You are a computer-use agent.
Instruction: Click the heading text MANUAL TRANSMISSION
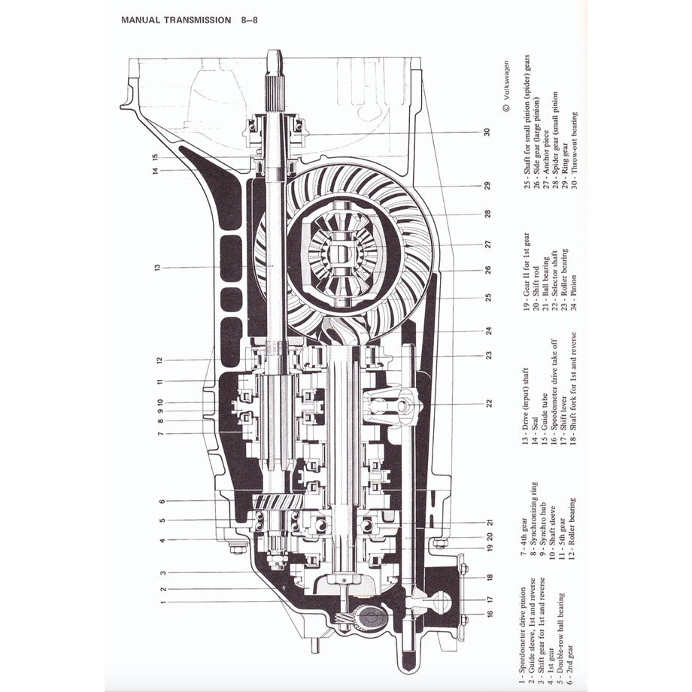[176, 20]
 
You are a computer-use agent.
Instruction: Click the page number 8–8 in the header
[251, 20]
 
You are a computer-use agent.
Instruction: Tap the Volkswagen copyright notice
[505, 86]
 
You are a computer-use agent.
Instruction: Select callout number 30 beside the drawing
[487, 132]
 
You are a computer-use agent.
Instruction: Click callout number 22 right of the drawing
[489, 403]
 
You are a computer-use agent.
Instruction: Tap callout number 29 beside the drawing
[487, 186]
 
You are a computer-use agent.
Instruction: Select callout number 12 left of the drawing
[159, 360]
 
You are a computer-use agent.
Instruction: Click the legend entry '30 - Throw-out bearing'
[574, 150]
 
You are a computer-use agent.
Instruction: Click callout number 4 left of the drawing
[162, 540]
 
